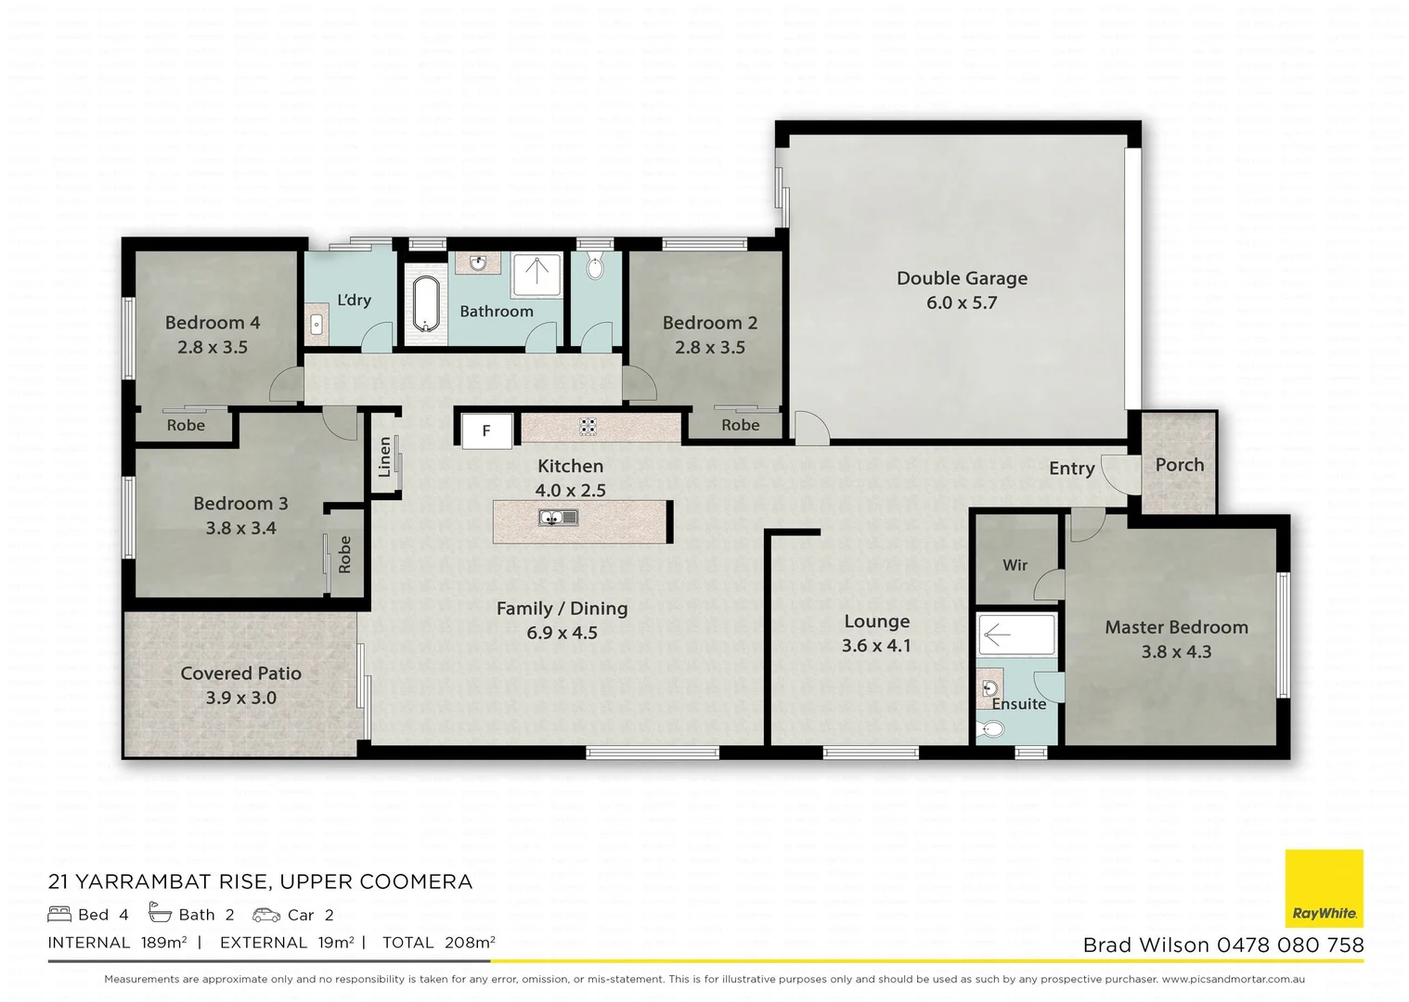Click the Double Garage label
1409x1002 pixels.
(962, 278)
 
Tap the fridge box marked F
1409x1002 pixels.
(485, 431)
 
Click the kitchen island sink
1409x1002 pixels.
(558, 518)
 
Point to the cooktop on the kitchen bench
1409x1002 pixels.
(588, 427)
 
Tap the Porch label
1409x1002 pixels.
(1179, 465)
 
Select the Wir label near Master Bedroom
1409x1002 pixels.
(1015, 565)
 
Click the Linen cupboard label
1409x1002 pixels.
(384, 457)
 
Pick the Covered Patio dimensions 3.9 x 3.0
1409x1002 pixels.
(240, 698)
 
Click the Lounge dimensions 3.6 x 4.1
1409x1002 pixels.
(875, 646)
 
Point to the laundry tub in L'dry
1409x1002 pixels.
(316, 325)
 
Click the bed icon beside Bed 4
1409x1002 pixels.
(59, 914)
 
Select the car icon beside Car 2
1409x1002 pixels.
(265, 915)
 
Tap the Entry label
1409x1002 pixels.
(1071, 469)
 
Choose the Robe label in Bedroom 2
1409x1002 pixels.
(740, 425)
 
